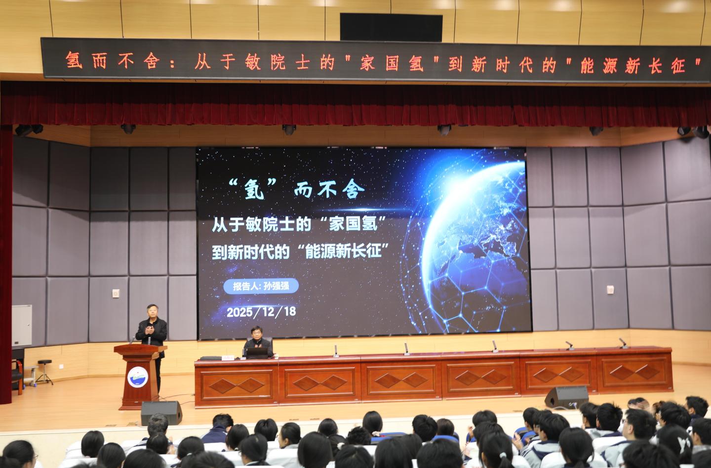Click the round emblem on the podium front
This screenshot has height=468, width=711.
(138, 377)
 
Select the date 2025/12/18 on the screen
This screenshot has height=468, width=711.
(261, 312)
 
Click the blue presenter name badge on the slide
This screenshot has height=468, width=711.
(261, 286)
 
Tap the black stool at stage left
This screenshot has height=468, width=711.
(44, 372)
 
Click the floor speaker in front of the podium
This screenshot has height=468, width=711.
(161, 412)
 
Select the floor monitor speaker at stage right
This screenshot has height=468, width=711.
(567, 397)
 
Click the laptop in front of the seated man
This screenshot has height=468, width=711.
(257, 353)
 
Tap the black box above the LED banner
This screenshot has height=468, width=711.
(391, 27)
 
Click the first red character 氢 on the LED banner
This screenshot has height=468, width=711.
(74, 60)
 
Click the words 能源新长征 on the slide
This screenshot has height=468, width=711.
(343, 252)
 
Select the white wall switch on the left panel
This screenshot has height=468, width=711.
(116, 293)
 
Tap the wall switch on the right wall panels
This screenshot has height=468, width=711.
(610, 290)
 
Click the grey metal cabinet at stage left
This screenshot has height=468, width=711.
(22, 325)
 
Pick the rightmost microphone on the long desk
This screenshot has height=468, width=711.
(623, 343)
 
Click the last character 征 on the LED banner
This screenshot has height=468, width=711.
(678, 66)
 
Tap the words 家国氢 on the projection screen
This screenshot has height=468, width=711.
(354, 224)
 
